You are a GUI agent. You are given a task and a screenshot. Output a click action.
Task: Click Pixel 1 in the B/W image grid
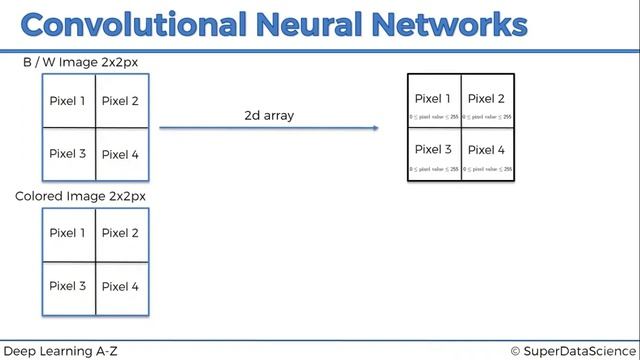68,101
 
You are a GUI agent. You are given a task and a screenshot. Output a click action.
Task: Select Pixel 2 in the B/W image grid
121,101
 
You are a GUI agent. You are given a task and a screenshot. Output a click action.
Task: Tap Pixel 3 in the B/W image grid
68,154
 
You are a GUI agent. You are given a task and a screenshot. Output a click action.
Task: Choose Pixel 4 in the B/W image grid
121,154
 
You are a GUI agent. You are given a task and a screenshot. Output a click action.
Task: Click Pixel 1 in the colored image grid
68,233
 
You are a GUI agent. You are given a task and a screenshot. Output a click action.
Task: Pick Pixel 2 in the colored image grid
121,233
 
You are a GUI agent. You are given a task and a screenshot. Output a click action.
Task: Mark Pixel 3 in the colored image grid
68,286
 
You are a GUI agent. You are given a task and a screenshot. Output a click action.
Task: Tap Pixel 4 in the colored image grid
121,286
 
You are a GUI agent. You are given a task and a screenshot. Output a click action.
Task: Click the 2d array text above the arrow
269,116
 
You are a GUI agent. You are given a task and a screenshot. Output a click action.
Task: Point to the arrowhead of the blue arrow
375,128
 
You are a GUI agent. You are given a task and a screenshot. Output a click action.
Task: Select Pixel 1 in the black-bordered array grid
433,98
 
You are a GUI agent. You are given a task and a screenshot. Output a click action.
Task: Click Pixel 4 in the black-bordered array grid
487,150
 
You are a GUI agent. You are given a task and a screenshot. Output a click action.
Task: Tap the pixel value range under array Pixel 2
487,117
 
